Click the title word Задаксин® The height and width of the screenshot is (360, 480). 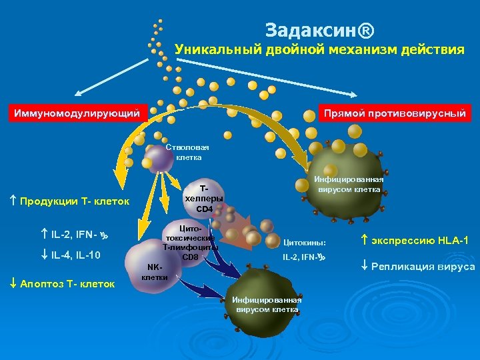coord(319,31)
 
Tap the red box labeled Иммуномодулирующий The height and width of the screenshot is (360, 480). coord(77,113)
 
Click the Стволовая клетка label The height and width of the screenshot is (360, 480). coord(187,153)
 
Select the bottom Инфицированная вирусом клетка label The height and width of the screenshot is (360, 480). coord(267,304)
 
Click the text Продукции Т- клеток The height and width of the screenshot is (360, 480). coord(75,201)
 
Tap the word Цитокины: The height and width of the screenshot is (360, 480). coord(305,243)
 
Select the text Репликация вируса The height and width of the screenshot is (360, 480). coord(423,267)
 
